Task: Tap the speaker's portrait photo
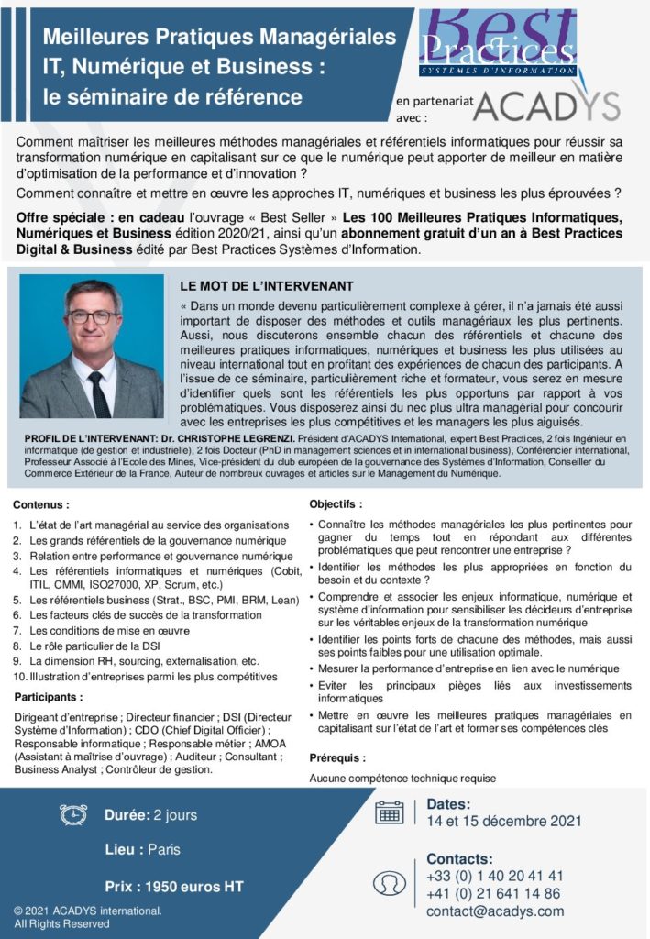[x=92, y=347]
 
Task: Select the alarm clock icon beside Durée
[x=73, y=814]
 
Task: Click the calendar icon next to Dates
[x=390, y=812]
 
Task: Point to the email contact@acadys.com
[x=495, y=911]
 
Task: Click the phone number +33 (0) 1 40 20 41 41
[x=495, y=876]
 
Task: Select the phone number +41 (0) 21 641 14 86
[x=493, y=893]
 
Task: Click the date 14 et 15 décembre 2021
[x=504, y=821]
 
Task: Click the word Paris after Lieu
[x=164, y=850]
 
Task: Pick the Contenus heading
[x=41, y=504]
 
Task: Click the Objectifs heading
[x=336, y=503]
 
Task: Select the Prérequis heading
[x=337, y=758]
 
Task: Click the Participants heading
[x=48, y=697]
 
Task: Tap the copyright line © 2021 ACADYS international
[x=87, y=911]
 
